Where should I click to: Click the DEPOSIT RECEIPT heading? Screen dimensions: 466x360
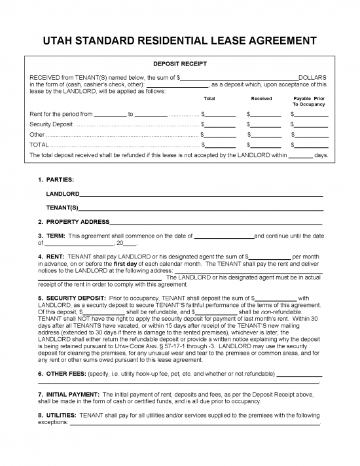179,64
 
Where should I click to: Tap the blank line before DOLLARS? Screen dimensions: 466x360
239,78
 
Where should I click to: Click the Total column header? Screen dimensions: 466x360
209,98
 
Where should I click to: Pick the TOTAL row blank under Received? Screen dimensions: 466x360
265,144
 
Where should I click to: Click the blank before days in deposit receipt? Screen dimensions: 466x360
300,156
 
